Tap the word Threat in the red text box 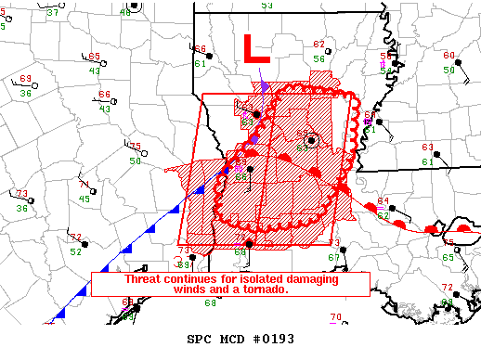click(145, 278)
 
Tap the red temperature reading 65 click(95, 57)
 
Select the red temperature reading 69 click(25, 79)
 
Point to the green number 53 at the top click(267, 6)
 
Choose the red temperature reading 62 click(319, 44)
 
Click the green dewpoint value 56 click(318, 58)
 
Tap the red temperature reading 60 click(448, 55)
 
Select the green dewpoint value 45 click(84, 199)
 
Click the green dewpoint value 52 click(76, 251)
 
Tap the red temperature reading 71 click(84, 184)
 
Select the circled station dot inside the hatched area click(312, 140)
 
